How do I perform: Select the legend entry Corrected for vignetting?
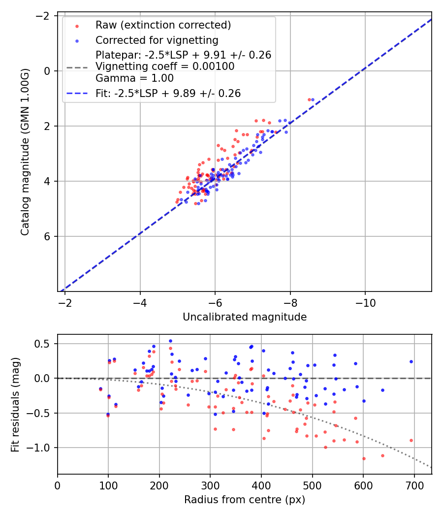tap(157, 40)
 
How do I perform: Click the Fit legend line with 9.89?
tap(168, 93)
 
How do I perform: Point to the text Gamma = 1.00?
tap(134, 78)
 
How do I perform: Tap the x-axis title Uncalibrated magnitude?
tap(245, 317)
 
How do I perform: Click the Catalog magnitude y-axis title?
tap(26, 152)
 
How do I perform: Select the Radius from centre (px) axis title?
tap(245, 500)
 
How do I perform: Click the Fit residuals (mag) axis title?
tap(15, 404)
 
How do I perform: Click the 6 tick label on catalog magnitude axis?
tap(48, 236)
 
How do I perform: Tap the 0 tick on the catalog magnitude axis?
tap(48, 71)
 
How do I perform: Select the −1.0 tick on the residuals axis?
tap(42, 448)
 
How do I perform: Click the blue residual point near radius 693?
tap(411, 361)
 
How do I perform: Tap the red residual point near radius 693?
tap(411, 440)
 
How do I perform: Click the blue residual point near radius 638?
tap(382, 390)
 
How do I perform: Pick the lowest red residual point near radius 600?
tap(364, 458)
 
